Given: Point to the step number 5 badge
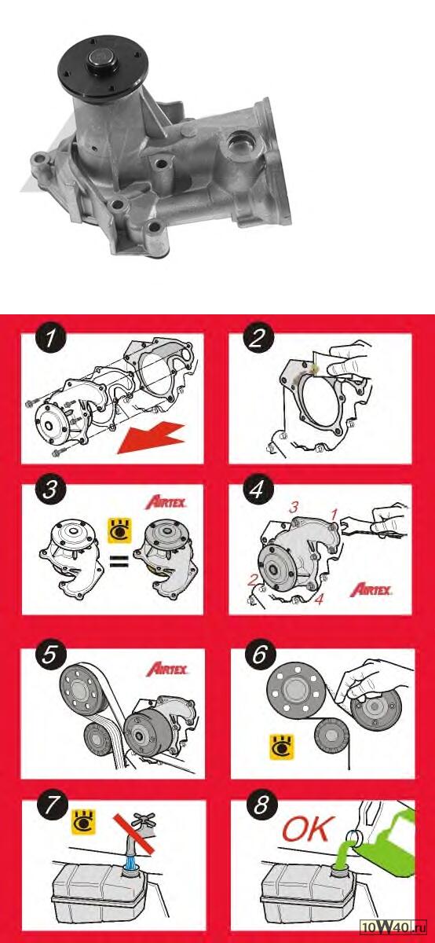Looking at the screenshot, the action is click(50, 655).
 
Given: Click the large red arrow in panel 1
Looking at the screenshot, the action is click(152, 438).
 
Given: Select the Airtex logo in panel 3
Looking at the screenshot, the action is click(166, 502).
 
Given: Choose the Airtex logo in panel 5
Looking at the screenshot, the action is click(167, 669).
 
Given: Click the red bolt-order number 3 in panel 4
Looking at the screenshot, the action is click(294, 508).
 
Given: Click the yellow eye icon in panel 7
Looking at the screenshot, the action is click(84, 821).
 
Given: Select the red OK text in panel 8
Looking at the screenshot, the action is click(309, 828).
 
